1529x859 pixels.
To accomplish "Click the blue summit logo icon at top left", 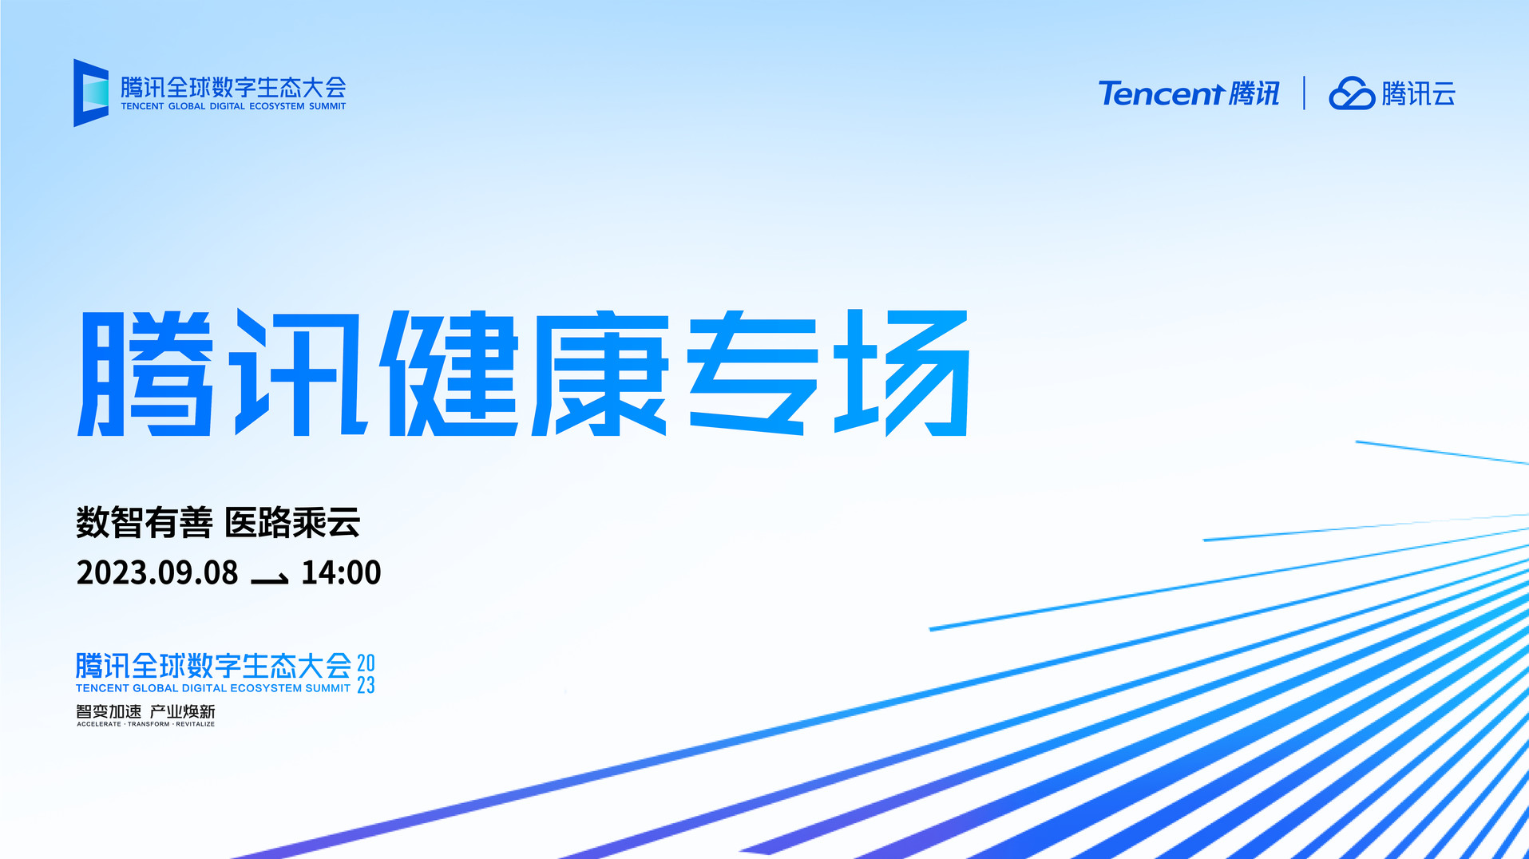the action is point(91,93).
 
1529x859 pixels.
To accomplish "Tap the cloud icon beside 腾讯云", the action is point(1351,93).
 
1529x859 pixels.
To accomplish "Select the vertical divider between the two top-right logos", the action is point(1304,93).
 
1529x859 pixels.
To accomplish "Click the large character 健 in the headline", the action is point(450,374).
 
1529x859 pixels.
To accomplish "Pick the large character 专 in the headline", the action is point(752,374).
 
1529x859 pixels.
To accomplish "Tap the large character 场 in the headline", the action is point(902,374).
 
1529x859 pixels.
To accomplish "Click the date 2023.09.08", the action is point(157,572).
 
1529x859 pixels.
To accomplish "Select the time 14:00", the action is point(341,572).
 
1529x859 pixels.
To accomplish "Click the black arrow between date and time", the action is point(270,579).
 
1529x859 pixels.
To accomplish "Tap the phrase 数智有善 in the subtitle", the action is point(145,523).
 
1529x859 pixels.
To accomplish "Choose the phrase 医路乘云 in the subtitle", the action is point(292,523).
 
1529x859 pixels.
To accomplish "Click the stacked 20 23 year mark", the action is point(366,674).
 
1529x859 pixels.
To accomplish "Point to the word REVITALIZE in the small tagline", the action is point(196,724).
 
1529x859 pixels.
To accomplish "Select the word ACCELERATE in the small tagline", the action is point(99,724).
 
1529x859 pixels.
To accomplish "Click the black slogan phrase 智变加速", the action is point(109,711).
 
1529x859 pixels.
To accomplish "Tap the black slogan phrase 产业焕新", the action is point(183,711).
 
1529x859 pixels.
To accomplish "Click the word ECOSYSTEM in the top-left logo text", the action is point(277,106).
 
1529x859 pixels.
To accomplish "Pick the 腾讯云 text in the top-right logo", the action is point(1419,93).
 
